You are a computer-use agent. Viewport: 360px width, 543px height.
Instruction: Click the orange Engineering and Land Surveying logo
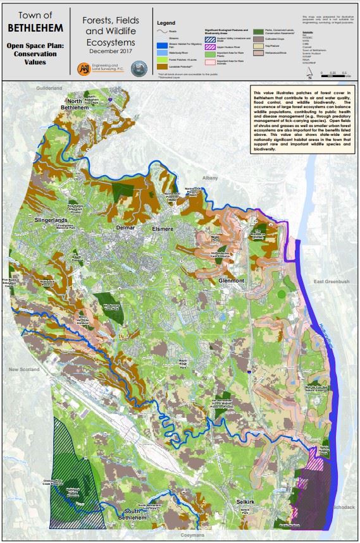[x=84, y=68]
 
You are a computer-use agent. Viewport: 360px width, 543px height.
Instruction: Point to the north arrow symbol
[x=309, y=71]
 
